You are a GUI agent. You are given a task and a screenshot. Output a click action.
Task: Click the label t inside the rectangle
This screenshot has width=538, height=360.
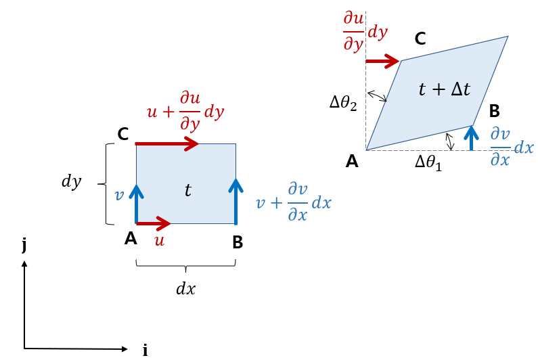tap(188, 192)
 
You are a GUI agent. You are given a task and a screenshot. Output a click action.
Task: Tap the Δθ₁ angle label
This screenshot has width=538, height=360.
tap(428, 164)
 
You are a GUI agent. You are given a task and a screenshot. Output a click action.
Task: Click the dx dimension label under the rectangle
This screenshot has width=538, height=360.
tap(185, 288)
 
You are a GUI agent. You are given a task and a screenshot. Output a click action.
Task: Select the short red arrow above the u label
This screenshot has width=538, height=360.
tap(153, 223)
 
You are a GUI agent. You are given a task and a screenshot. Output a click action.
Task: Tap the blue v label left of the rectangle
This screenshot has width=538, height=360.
tap(119, 196)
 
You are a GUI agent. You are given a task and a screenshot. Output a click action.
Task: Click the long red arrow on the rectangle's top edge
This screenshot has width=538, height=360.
tap(166, 143)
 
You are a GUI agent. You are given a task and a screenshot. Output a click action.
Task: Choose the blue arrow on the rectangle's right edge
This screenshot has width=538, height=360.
tap(236, 200)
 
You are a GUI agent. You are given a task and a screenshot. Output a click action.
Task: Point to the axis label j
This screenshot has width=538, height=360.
tap(24, 245)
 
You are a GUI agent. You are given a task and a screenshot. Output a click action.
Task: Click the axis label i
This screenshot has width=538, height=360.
tap(144, 349)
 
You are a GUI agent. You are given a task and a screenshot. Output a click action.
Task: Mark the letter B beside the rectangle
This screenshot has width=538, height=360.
tap(237, 242)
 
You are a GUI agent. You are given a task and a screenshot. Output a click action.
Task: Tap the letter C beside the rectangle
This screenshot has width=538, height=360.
tap(123, 135)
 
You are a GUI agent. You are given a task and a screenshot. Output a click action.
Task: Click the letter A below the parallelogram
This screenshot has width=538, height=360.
tap(351, 161)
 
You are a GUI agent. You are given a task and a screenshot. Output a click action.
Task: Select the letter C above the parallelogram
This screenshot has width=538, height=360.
tap(420, 39)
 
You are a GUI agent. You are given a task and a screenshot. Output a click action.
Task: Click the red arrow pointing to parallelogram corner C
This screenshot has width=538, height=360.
tap(382, 62)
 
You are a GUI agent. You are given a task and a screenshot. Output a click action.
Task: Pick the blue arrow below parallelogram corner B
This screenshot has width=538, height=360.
tap(472, 138)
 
